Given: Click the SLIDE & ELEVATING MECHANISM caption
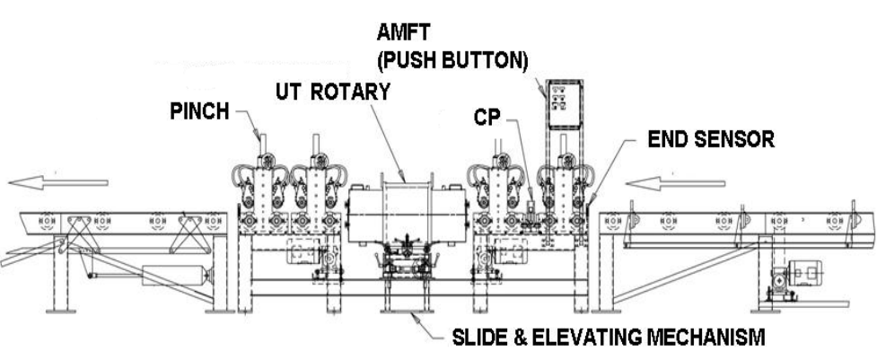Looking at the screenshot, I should click(610, 338).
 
